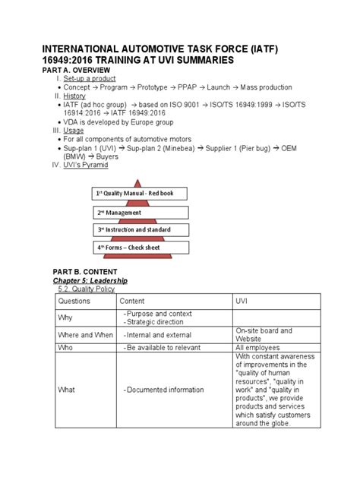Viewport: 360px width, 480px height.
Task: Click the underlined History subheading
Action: (x=74, y=96)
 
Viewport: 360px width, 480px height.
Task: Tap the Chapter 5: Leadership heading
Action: (x=90, y=281)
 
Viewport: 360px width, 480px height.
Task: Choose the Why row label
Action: (x=67, y=318)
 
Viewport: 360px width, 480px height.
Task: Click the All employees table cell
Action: (x=259, y=347)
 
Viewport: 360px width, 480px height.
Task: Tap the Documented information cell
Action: (x=165, y=390)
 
